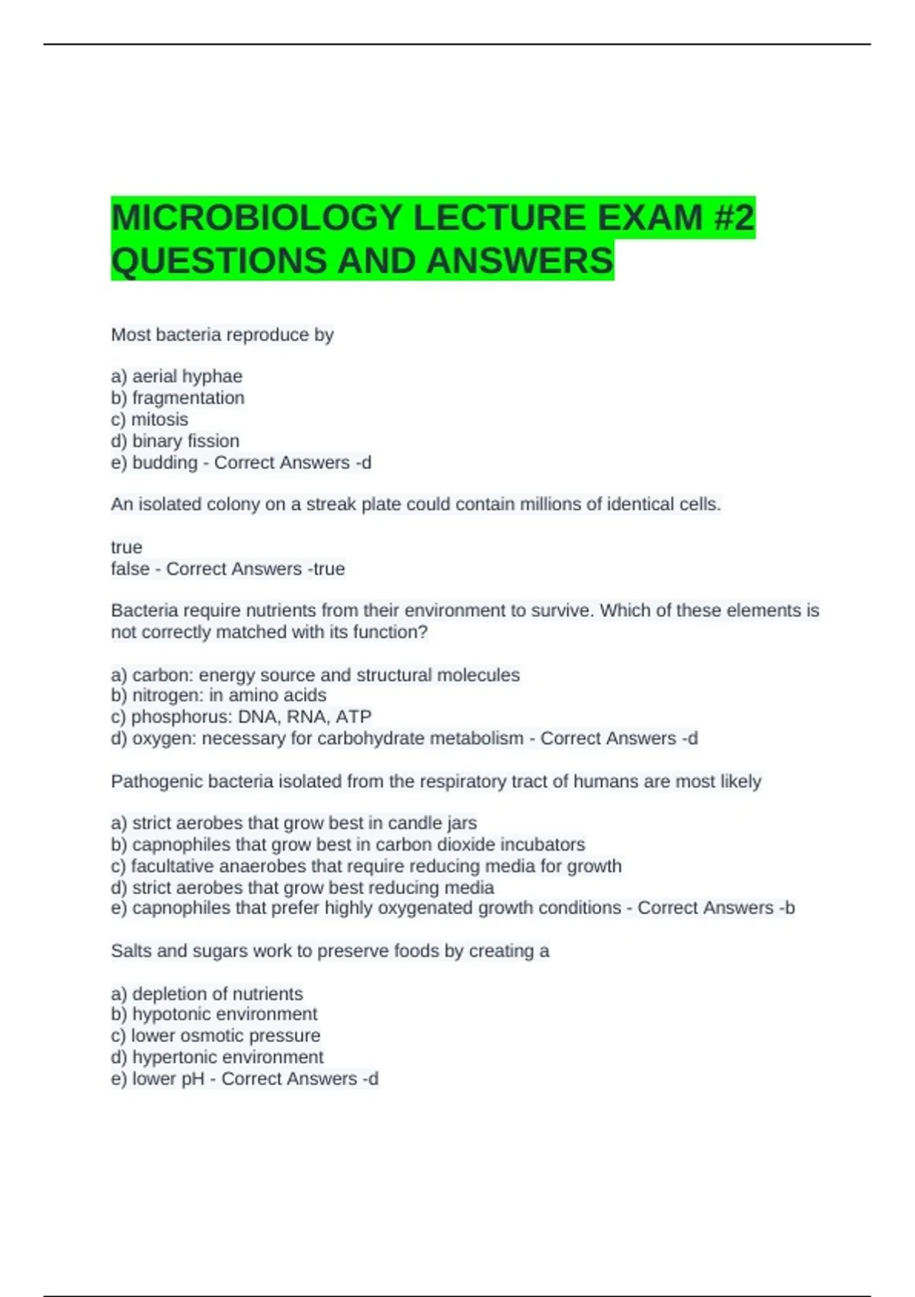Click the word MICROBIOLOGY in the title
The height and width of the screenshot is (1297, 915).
pos(256,218)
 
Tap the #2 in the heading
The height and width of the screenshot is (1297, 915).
pos(734,218)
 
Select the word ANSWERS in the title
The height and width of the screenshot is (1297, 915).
pos(519,261)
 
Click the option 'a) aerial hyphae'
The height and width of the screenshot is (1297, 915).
pos(177,376)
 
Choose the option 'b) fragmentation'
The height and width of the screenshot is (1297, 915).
pos(178,397)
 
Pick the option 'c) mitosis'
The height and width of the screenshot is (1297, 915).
pos(149,419)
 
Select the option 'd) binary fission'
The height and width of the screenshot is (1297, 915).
pos(175,441)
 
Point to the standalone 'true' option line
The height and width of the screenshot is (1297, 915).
pos(127,547)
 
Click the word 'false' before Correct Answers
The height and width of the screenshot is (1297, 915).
pos(130,568)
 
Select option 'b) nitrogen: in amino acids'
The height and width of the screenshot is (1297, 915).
pos(219,695)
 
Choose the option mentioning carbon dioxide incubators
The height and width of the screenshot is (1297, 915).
pos(348,845)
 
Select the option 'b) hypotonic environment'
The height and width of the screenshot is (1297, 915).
pos(214,1014)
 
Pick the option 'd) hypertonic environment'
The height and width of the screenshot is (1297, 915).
pos(217,1057)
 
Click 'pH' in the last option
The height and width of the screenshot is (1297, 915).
pos(194,1079)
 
